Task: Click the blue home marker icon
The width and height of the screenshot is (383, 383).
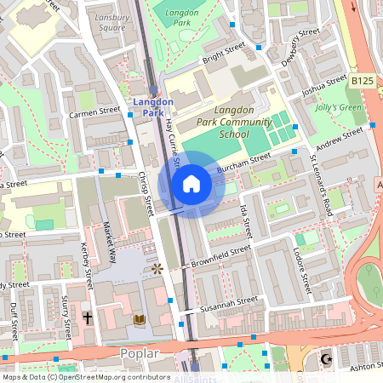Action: coord(191,183)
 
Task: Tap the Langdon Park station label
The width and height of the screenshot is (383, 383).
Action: coord(153,107)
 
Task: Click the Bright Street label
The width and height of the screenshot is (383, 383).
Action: coord(222,54)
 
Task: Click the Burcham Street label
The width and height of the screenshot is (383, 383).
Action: coord(243,163)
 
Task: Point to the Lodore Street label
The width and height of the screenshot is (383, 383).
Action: coord(300,260)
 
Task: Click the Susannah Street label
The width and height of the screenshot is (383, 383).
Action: coord(229,303)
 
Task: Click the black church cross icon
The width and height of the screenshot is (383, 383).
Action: coord(87,317)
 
